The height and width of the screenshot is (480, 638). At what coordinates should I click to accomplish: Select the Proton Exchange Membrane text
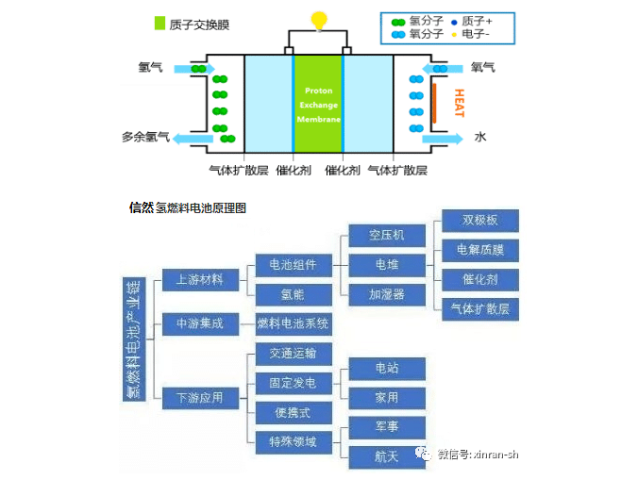click(318, 107)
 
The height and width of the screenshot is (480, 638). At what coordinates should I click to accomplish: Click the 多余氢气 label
click(145, 137)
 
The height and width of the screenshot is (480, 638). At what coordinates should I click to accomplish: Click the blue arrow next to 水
click(443, 139)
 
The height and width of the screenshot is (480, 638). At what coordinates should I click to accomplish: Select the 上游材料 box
click(199, 279)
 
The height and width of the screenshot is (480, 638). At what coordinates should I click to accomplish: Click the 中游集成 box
click(199, 323)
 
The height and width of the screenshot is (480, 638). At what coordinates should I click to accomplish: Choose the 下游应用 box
click(199, 397)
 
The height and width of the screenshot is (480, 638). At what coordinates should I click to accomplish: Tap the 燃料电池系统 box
click(294, 323)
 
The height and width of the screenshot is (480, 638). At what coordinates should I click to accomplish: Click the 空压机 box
click(387, 234)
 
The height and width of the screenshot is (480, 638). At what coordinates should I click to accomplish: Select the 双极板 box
click(479, 221)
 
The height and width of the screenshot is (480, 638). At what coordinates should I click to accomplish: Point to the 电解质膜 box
click(479, 250)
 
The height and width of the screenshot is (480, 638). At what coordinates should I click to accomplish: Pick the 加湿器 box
click(387, 294)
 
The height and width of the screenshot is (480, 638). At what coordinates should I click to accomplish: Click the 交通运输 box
click(294, 353)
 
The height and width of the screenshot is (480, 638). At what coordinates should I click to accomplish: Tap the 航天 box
click(387, 455)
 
